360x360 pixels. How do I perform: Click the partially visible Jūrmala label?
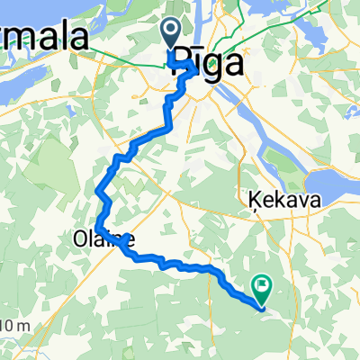45,40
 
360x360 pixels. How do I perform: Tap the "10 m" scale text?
13,326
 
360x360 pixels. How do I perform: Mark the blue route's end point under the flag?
261,309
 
